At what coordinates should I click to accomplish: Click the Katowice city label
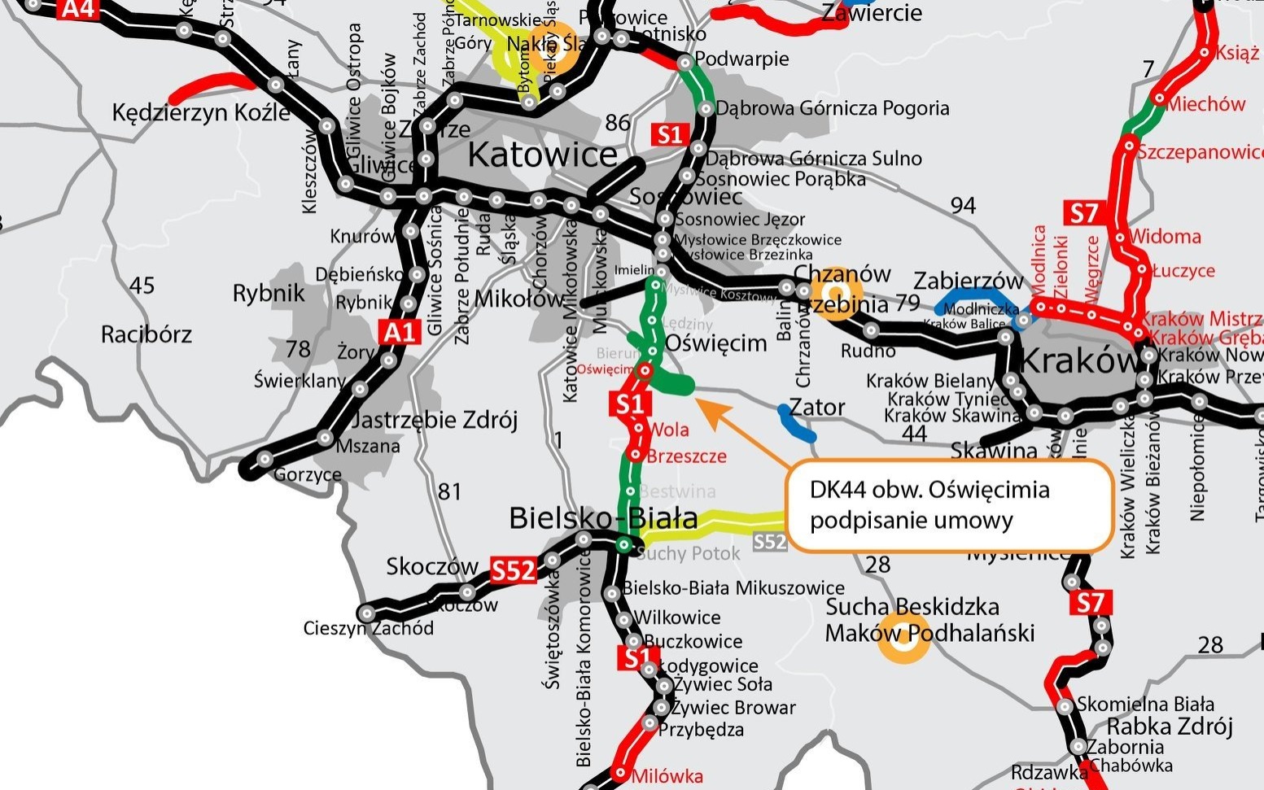point(542,155)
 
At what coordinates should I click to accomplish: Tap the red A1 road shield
point(400,331)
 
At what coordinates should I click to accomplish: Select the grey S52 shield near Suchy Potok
point(770,542)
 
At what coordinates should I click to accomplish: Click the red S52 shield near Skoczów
point(513,571)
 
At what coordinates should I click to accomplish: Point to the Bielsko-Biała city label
point(603,518)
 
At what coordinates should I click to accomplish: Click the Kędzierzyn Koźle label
point(200,112)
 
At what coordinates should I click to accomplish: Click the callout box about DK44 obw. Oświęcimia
point(949,505)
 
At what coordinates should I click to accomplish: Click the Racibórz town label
point(147,334)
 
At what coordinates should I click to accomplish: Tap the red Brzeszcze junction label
point(686,456)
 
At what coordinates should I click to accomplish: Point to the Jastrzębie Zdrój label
point(435,420)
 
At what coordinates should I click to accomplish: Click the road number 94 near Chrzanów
point(963,205)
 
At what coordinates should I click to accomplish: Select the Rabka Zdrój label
point(1170,726)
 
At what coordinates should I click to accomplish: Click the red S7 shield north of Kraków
point(1084,214)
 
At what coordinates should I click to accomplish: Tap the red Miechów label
point(1206,104)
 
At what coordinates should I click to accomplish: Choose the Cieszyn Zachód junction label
point(368,628)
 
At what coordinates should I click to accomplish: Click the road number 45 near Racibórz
point(142,286)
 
